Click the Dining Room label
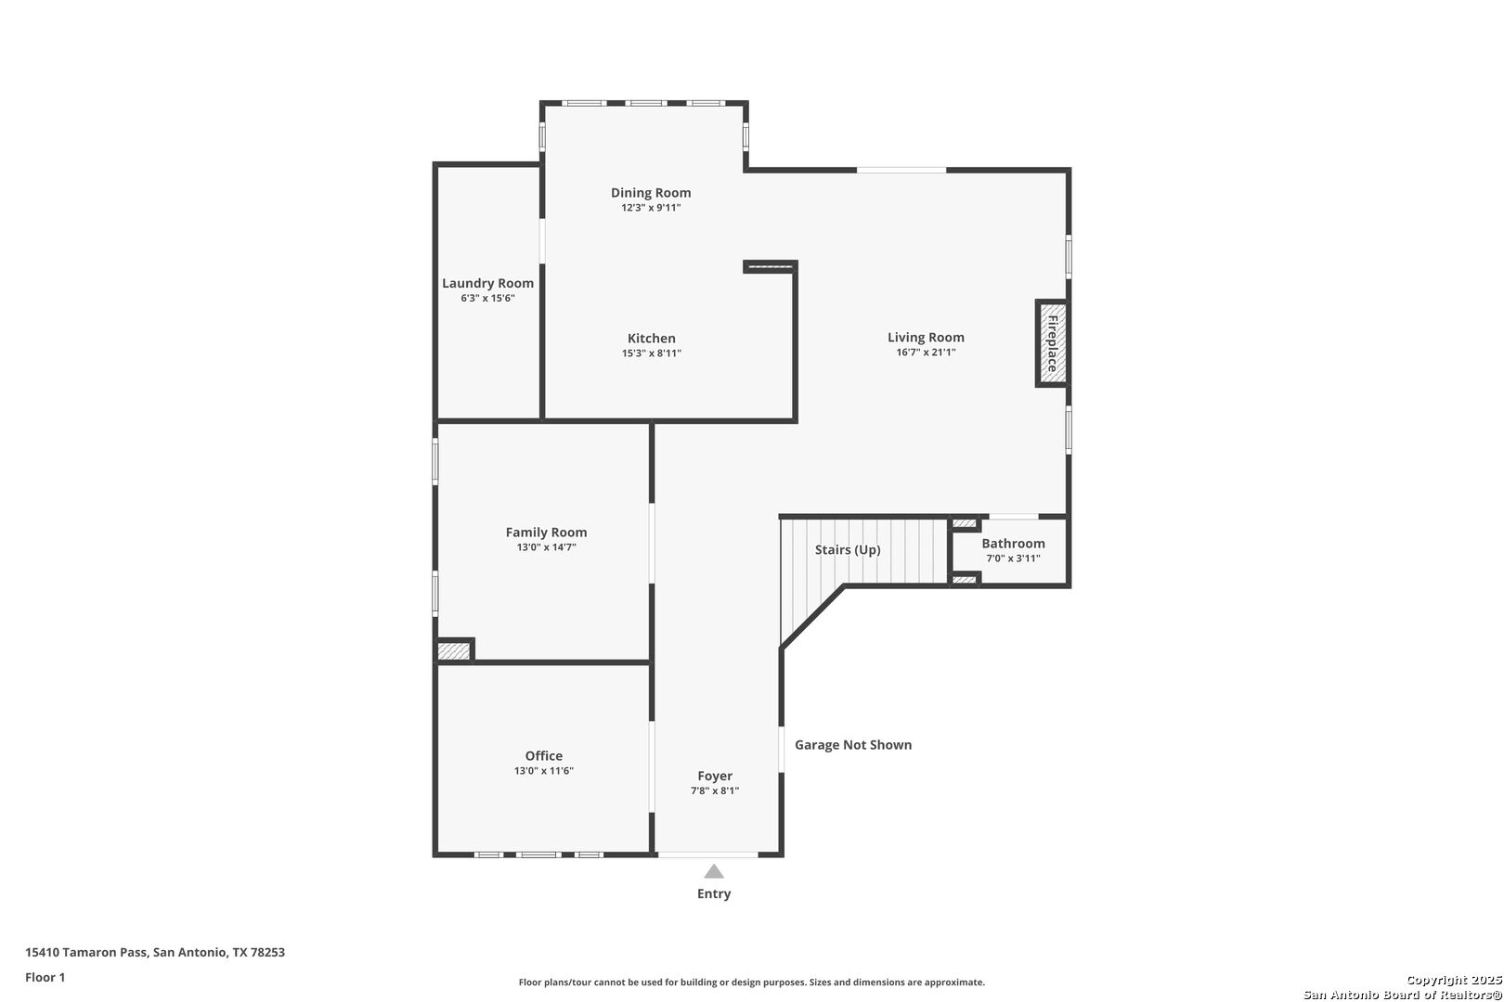coord(651,193)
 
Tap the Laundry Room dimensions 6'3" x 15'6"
coord(487,298)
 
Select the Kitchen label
coord(652,339)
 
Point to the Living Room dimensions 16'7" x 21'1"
coord(926,353)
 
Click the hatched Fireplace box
coord(1052,343)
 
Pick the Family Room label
coord(546,533)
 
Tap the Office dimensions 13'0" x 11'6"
coord(544,770)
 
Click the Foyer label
coord(715,776)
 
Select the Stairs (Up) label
coord(848,549)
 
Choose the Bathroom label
coord(1013,544)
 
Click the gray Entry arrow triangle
coord(714,871)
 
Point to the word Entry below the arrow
coord(714,894)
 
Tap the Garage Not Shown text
coord(853,745)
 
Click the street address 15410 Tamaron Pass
coord(86,952)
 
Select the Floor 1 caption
coord(45,977)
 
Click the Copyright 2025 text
coord(1454,980)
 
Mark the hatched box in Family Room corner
coord(454,651)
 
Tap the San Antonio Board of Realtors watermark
coord(1402,995)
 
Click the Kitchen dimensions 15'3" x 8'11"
coord(652,353)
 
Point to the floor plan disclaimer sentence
coord(751,982)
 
